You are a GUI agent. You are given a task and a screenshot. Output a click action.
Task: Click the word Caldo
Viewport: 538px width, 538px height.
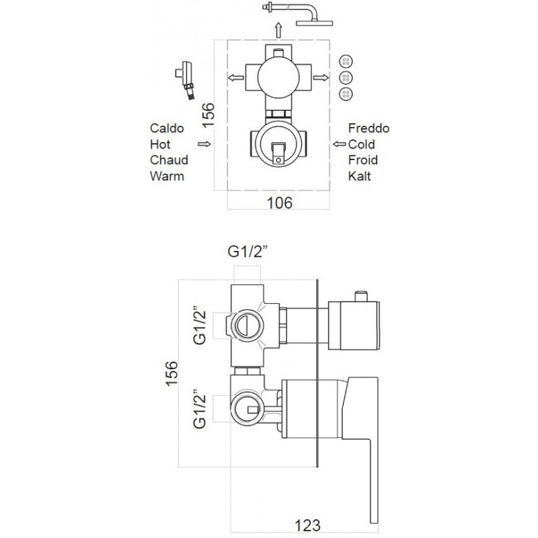[x=167, y=128]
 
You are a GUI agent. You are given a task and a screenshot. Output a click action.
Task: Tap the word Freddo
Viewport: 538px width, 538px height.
[x=369, y=128]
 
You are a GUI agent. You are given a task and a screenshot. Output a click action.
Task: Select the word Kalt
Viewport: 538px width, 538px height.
[x=359, y=176]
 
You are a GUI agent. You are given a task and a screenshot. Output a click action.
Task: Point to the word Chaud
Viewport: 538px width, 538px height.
[x=169, y=160]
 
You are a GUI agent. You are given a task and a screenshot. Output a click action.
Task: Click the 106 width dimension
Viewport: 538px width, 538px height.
[x=280, y=203]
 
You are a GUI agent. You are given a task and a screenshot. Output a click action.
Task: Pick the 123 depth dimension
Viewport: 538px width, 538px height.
[x=307, y=526]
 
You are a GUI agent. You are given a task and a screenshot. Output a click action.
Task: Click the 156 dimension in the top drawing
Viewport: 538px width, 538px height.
[x=208, y=116]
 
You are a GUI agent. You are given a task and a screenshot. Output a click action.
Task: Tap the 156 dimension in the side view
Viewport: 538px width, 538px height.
[x=172, y=373]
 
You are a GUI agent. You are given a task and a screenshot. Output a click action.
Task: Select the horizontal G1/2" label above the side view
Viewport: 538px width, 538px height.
[x=247, y=252]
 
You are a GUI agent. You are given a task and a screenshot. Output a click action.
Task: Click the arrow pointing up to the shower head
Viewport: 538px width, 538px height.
[x=278, y=30]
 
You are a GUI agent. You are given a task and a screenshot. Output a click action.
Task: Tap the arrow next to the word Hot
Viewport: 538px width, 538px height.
[x=204, y=144]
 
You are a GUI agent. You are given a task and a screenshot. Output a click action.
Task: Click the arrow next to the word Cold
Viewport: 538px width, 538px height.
[x=340, y=144]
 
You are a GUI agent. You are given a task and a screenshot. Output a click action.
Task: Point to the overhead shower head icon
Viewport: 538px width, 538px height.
[x=298, y=14]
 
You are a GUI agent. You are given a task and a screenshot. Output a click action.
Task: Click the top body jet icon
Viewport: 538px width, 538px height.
[x=346, y=61]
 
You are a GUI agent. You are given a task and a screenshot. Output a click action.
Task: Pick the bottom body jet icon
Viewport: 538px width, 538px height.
[x=346, y=93]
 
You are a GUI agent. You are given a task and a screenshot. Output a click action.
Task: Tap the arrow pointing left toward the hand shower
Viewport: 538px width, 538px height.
[x=236, y=78]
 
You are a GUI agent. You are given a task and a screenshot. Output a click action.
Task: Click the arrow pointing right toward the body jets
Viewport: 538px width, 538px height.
[x=321, y=78]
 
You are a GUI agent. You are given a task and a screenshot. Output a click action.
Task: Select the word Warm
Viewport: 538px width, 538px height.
[x=167, y=176]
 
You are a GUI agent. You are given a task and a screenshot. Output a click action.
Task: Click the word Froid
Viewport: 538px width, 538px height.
[x=362, y=160]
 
